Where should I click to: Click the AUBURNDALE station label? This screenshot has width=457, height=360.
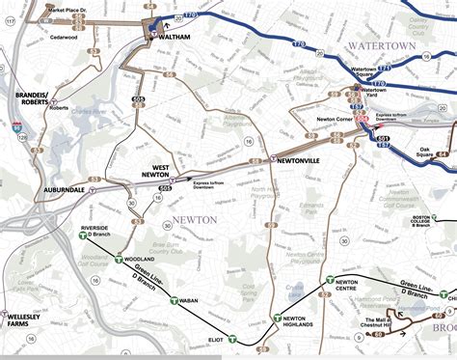[66, 189]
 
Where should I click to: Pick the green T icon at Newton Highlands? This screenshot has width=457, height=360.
[276, 318]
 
